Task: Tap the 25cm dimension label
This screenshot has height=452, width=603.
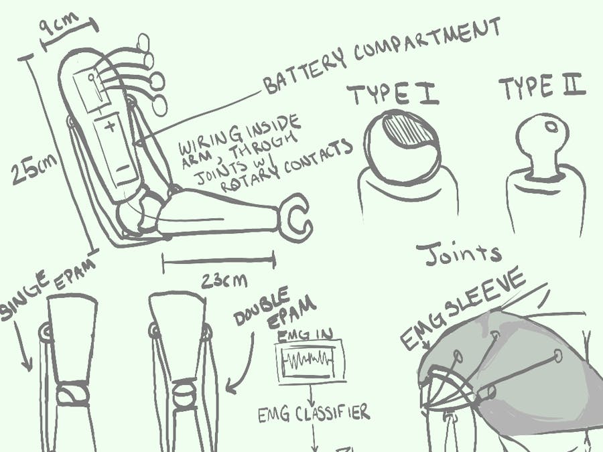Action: pyautogui.click(x=34, y=169)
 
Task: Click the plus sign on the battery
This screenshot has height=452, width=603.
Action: pyautogui.click(x=111, y=126)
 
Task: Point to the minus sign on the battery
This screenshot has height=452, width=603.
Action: pyautogui.click(x=123, y=168)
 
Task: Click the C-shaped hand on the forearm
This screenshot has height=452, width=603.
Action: pyautogui.click(x=295, y=218)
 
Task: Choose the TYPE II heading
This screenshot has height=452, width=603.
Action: pyautogui.click(x=542, y=86)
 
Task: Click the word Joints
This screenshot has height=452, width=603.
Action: pyautogui.click(x=459, y=254)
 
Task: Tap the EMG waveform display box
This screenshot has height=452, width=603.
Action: pyautogui.click(x=310, y=362)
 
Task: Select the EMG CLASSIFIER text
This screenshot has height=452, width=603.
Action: pyautogui.click(x=314, y=413)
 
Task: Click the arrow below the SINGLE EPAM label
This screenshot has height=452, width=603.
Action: pyautogui.click(x=23, y=346)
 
